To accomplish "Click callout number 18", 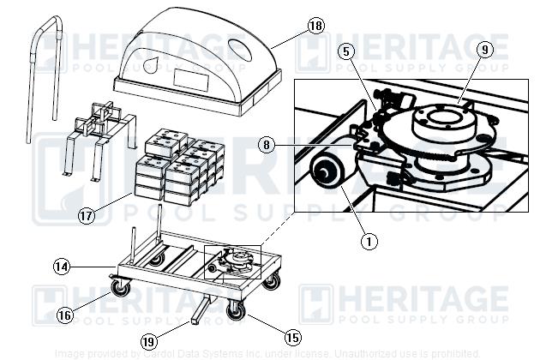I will [x=315, y=26].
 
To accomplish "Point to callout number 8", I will [x=268, y=146].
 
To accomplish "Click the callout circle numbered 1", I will [x=369, y=242].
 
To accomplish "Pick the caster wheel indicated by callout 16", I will [x=121, y=289].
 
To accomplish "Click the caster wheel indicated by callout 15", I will [x=235, y=310].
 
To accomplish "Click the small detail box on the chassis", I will [x=231, y=262].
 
